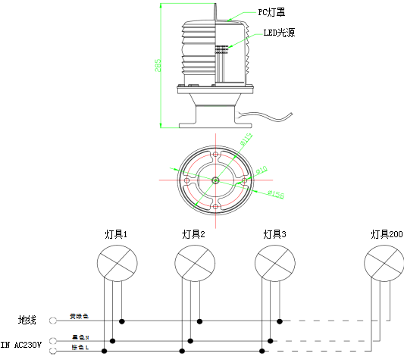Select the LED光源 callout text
click(280, 33)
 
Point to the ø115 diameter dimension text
click(246, 140)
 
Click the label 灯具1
click(115, 234)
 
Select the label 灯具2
click(194, 234)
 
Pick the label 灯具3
click(274, 234)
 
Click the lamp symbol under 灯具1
click(117, 263)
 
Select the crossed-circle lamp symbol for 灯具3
click(274, 263)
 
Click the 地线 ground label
click(27, 321)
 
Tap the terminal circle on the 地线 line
click(53, 321)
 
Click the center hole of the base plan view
click(216, 180)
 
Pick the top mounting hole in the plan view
click(216, 156)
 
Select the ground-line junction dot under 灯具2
click(200, 321)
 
